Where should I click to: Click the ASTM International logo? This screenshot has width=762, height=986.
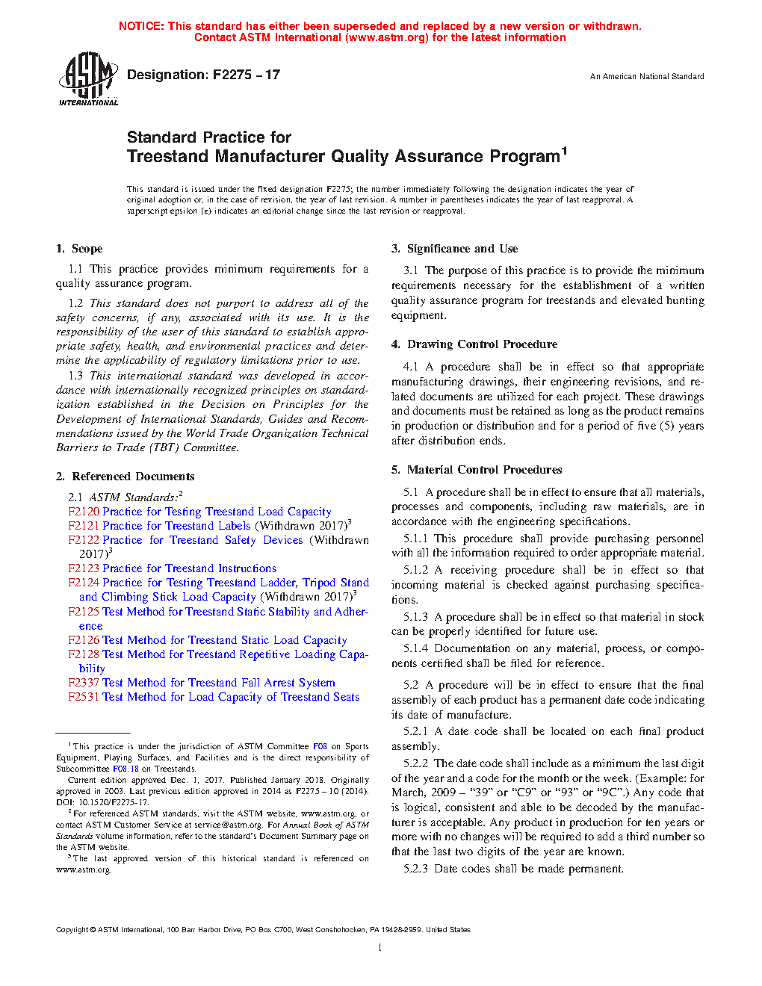(88, 78)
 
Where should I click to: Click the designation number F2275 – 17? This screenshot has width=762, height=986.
(247, 75)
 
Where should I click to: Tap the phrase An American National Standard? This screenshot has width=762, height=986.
(647, 76)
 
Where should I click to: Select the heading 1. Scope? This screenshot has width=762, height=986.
(79, 249)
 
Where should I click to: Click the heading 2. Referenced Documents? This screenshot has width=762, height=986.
(126, 477)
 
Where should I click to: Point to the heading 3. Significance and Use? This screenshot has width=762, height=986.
(455, 249)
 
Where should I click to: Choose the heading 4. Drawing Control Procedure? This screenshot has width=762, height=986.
(474, 344)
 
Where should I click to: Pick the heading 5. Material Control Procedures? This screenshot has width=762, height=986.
(477, 470)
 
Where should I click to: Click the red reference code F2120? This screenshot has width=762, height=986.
(84, 512)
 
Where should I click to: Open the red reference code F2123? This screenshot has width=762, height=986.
(84, 568)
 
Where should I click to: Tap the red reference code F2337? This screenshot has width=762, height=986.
(84, 683)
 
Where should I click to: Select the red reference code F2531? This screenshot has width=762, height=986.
(84, 697)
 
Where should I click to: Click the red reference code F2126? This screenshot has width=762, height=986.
(84, 640)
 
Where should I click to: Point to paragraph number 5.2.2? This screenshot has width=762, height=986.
(416, 763)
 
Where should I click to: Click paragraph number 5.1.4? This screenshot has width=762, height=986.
(416, 648)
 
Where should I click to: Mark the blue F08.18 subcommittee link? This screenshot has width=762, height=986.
(126, 769)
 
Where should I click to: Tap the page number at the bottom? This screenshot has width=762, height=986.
(380, 948)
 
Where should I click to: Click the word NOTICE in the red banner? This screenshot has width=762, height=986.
(141, 26)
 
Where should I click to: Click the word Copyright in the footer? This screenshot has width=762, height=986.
(72, 930)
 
